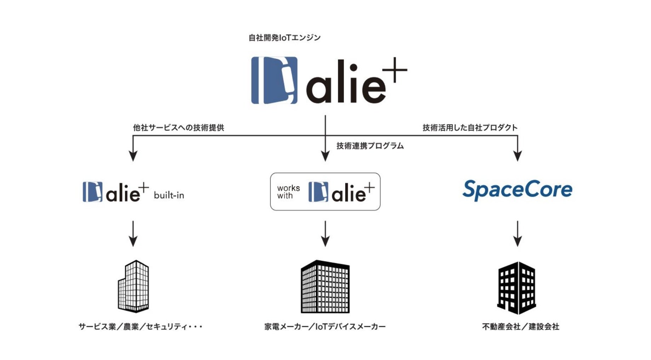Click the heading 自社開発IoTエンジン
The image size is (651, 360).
point(284,37)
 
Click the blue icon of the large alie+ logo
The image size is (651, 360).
point(274,80)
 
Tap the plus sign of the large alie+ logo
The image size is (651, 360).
point(394,70)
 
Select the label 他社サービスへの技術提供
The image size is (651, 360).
point(178,128)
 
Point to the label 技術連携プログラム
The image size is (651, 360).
point(370,146)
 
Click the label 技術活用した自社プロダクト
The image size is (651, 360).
point(470,128)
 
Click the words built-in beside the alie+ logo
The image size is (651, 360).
point(169,195)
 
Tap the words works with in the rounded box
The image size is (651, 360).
point(288,192)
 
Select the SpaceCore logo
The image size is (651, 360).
point(517,190)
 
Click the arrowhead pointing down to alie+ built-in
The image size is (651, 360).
point(133,156)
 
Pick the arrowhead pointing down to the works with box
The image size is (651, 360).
point(325,156)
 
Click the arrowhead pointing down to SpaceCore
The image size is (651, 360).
point(518,156)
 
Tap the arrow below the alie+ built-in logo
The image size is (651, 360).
point(133,234)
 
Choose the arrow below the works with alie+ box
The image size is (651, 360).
point(325,234)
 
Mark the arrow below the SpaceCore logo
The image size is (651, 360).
point(518,234)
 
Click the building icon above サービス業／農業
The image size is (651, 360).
point(133,286)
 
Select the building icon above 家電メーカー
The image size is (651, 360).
point(325,287)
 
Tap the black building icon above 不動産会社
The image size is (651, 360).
point(517,288)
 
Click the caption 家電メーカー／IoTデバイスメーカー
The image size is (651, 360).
point(325,327)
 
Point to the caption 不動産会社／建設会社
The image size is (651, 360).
point(520,327)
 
